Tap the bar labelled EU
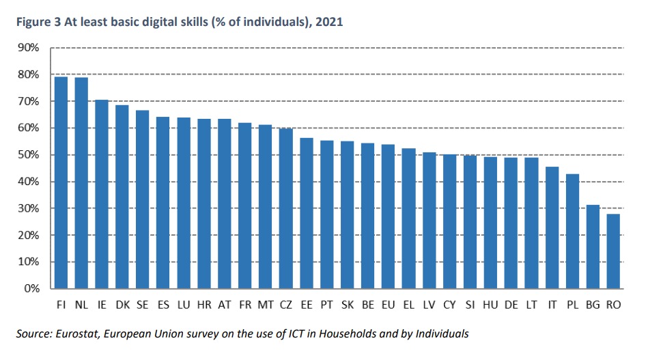click(x=388, y=216)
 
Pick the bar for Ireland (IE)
click(x=102, y=194)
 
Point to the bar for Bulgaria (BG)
click(x=593, y=247)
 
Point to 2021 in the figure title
click(x=330, y=23)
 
